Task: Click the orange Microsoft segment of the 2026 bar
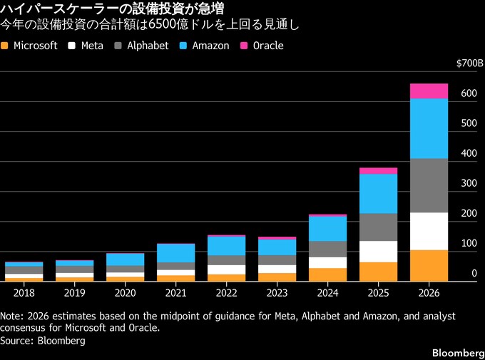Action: click(x=429, y=265)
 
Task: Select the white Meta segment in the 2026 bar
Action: click(x=429, y=231)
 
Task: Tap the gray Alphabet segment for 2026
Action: click(x=429, y=185)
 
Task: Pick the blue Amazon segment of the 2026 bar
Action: click(x=429, y=128)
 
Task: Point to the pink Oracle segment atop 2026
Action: click(x=429, y=91)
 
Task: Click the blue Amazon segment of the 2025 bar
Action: click(x=379, y=193)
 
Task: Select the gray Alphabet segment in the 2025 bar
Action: click(x=379, y=227)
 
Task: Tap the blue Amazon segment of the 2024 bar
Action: click(x=328, y=228)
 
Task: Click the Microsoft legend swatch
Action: click(x=6, y=46)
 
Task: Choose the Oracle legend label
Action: click(x=268, y=46)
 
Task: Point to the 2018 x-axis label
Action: click(x=24, y=292)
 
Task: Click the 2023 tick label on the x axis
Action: click(x=277, y=292)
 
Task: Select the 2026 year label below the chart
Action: click(x=429, y=292)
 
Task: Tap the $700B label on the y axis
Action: click(x=469, y=63)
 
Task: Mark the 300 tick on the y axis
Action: click(x=469, y=183)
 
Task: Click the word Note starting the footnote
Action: click(x=12, y=315)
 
